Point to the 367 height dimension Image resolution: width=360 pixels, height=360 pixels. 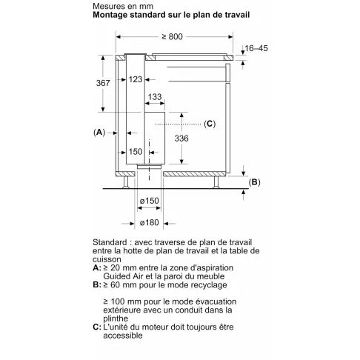[x=104, y=84]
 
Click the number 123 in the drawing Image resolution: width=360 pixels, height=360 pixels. [x=135, y=79]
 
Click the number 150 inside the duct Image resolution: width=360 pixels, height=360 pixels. [x=136, y=151]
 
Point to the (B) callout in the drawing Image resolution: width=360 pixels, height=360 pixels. [x=255, y=182]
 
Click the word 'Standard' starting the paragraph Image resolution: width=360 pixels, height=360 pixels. [x=110, y=243]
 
